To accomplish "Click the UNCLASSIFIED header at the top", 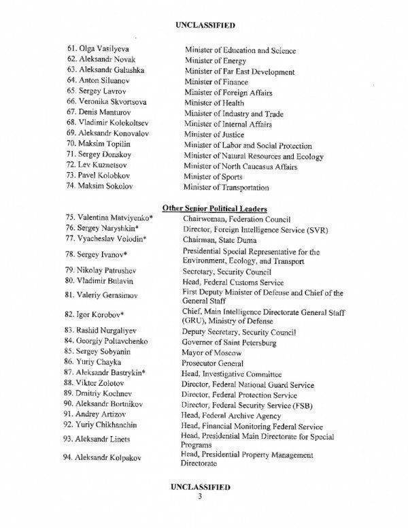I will coord(205,25).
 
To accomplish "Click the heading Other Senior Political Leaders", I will coord(215,208).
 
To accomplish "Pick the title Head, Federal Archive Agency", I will coord(231,414).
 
